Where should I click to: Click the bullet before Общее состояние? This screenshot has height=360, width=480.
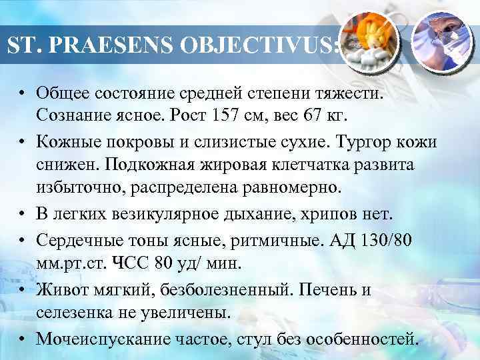point(23,91)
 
